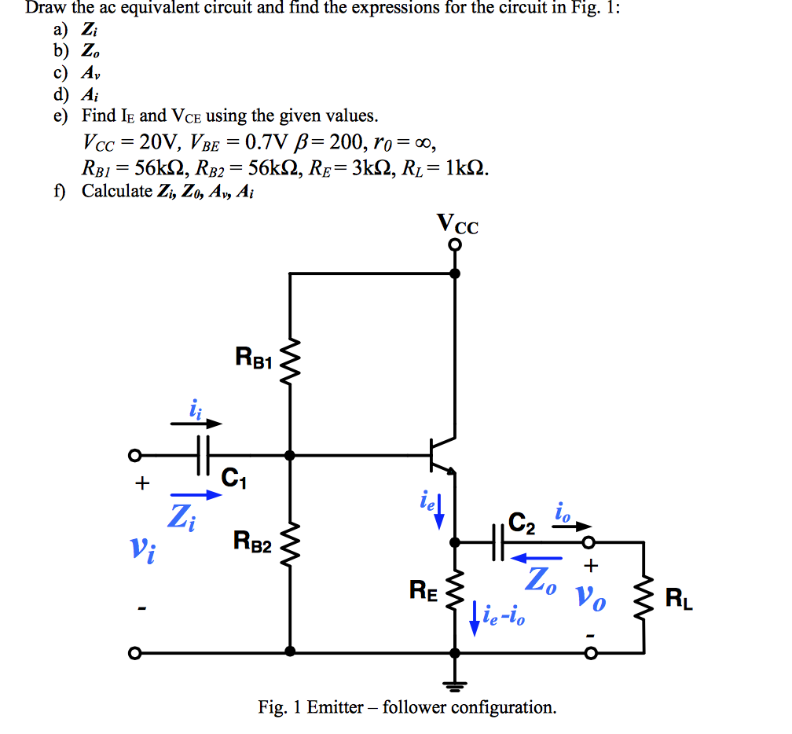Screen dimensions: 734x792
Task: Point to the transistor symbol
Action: [x=441, y=455]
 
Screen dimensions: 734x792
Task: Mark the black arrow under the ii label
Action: [x=196, y=424]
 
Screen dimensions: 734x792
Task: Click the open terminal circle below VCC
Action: [x=455, y=245]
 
